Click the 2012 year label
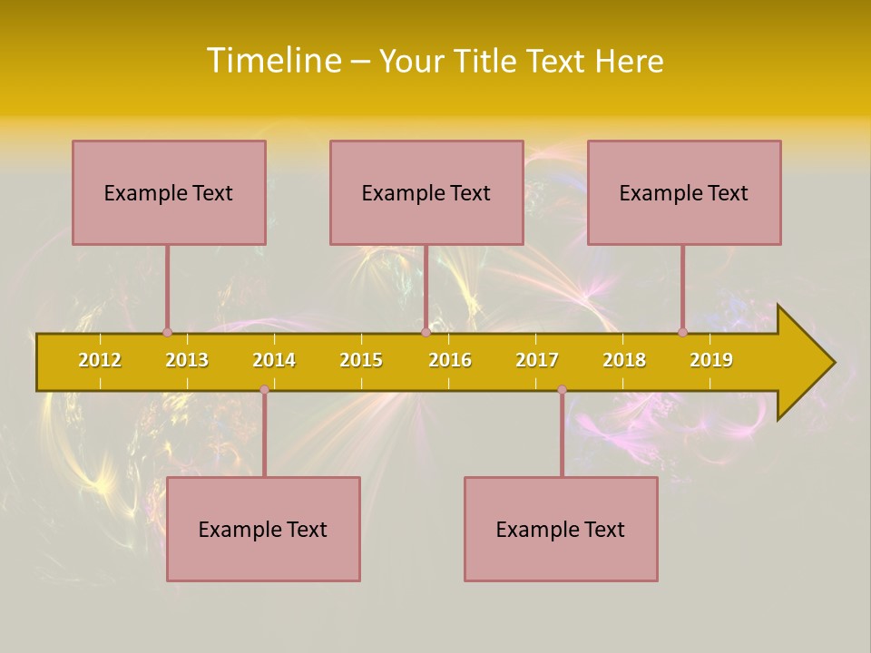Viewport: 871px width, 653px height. pos(100,360)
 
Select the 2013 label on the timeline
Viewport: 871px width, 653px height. pos(187,360)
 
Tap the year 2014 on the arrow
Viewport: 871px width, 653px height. pos(274,360)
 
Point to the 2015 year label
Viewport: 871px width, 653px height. pos(361,360)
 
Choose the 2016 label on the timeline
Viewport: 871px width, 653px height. pos(450,360)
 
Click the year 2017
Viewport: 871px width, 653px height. pos(537,360)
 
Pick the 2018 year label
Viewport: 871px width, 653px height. pos(624,360)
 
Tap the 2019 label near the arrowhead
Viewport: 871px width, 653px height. pos(711,360)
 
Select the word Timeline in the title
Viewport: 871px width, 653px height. pos(273,61)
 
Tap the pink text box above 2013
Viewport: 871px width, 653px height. pos(169,192)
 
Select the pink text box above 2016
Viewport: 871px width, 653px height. pos(426,192)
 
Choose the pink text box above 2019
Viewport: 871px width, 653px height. pos(684,192)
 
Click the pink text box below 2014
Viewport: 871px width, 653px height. pos(263,529)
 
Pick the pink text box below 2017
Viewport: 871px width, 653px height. pos(561,529)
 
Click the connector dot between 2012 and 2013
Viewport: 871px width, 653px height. pos(167,332)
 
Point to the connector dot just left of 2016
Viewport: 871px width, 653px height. pos(426,332)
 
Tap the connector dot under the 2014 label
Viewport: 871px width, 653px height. pos(264,389)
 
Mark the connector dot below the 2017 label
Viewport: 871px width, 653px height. pos(562,389)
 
